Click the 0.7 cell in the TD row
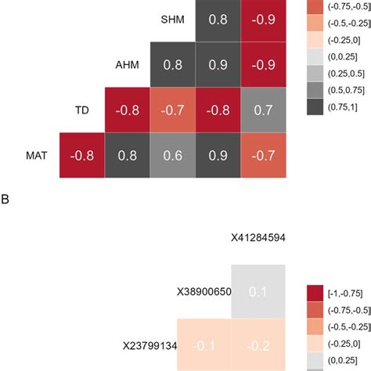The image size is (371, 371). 264,110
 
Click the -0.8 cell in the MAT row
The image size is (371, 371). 82,156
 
